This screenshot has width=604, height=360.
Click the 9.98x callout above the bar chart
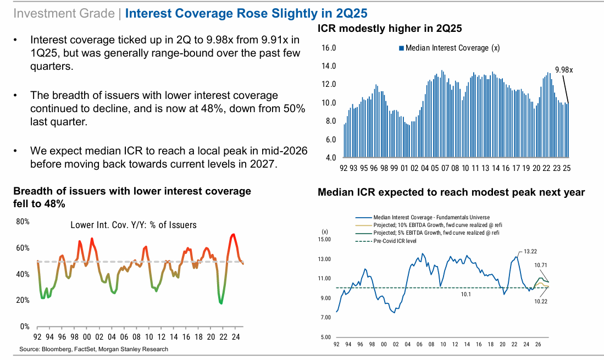tap(564, 70)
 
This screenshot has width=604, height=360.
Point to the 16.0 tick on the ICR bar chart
tap(329, 48)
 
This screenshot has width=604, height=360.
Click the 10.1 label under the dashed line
tap(466, 295)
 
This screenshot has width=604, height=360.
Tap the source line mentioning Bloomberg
tap(93, 349)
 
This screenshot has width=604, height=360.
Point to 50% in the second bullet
tap(293, 108)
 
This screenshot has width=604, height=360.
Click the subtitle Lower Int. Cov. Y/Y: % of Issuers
tap(134, 225)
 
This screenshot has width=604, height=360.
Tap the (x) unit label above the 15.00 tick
tap(324, 231)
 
